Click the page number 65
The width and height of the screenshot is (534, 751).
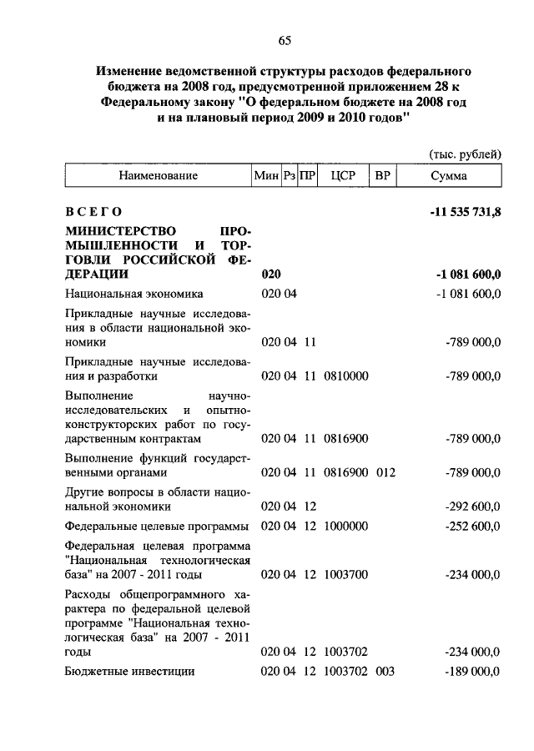pyautogui.click(x=285, y=39)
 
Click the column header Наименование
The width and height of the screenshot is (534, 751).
pyautogui.click(x=158, y=176)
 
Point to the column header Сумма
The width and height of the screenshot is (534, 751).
pyautogui.click(x=449, y=176)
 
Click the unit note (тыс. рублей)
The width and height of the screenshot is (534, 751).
pyautogui.click(x=465, y=154)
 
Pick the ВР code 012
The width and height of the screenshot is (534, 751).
pyautogui.click(x=385, y=473)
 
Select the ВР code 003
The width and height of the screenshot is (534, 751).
pyautogui.click(x=385, y=672)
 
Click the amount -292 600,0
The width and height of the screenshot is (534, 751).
pyautogui.click(x=473, y=506)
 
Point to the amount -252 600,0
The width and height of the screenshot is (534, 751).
pyautogui.click(x=473, y=526)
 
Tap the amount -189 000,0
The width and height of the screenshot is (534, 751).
pyautogui.click(x=473, y=672)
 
